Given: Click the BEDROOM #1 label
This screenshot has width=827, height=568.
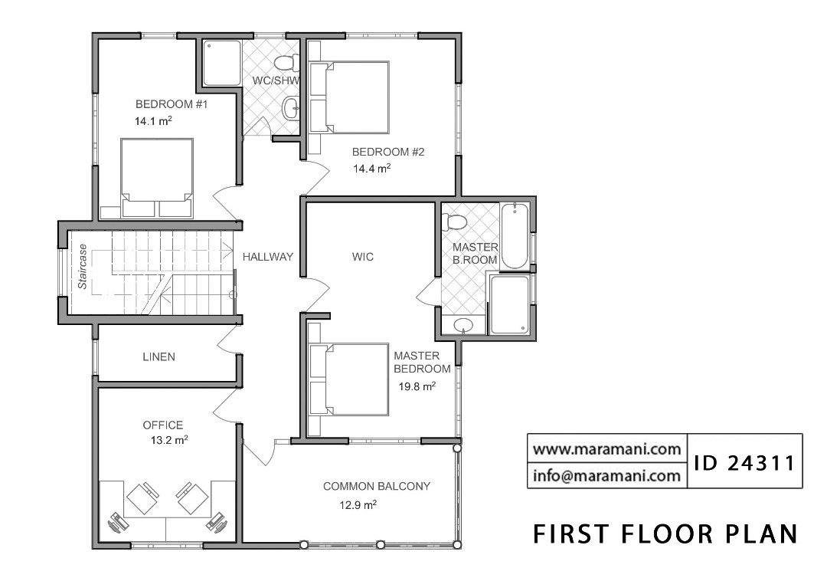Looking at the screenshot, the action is point(172,104).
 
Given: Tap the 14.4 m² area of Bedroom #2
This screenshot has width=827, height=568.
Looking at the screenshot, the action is point(372,169).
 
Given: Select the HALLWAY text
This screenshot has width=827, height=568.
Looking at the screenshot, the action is point(267,257).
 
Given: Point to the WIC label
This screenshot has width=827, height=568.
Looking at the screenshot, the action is point(363,257).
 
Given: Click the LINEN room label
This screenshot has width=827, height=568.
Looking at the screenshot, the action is point(159,357).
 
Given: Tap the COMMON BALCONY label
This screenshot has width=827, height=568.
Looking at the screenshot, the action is point(377,486).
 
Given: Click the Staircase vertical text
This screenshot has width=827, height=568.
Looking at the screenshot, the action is point(82,265).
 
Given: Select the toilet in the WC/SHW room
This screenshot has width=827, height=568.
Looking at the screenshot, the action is point(286,64).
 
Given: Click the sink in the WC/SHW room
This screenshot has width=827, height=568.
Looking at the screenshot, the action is point(290,108).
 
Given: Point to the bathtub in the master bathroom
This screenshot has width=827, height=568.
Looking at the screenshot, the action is point(514,235).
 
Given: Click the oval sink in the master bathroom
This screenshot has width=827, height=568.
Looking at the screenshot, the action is point(463,326).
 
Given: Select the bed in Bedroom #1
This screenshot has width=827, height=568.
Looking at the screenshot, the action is point(157,178).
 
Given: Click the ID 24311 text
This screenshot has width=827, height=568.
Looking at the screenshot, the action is point(744,463).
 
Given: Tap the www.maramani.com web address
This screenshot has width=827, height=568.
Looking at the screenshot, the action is point(606,449).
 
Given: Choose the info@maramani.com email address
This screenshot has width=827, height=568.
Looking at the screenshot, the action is point(606,475).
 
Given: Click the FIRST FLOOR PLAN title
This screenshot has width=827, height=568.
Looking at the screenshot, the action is point(665,534).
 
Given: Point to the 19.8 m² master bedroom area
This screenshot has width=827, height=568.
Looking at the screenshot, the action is point(417,386).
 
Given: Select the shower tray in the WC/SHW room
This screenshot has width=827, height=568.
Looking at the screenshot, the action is point(222,63).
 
